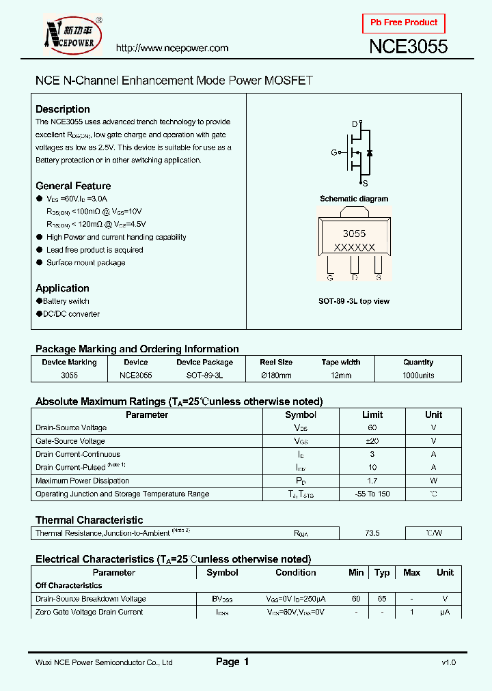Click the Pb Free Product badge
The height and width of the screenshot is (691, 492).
click(403, 23)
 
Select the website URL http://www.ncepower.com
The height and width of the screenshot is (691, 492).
click(172, 48)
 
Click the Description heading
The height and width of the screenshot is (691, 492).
click(63, 109)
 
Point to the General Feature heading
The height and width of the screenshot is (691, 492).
click(73, 186)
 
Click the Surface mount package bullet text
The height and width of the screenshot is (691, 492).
click(86, 263)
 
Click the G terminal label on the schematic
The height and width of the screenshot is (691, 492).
click(334, 152)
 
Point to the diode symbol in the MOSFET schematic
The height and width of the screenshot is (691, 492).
click(370, 153)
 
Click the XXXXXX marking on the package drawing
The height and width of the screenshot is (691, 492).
click(354, 247)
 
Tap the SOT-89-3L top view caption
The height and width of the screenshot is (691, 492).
click(354, 301)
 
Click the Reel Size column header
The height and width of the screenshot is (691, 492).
click(276, 363)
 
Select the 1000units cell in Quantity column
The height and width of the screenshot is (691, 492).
click(418, 376)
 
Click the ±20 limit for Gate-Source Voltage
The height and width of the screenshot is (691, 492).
click(372, 441)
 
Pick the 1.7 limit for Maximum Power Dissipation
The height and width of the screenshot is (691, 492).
click(372, 481)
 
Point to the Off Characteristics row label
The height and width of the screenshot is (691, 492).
click(69, 586)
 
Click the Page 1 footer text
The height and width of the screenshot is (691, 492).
click(232, 662)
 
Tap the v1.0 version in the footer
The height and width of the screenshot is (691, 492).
click(448, 662)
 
